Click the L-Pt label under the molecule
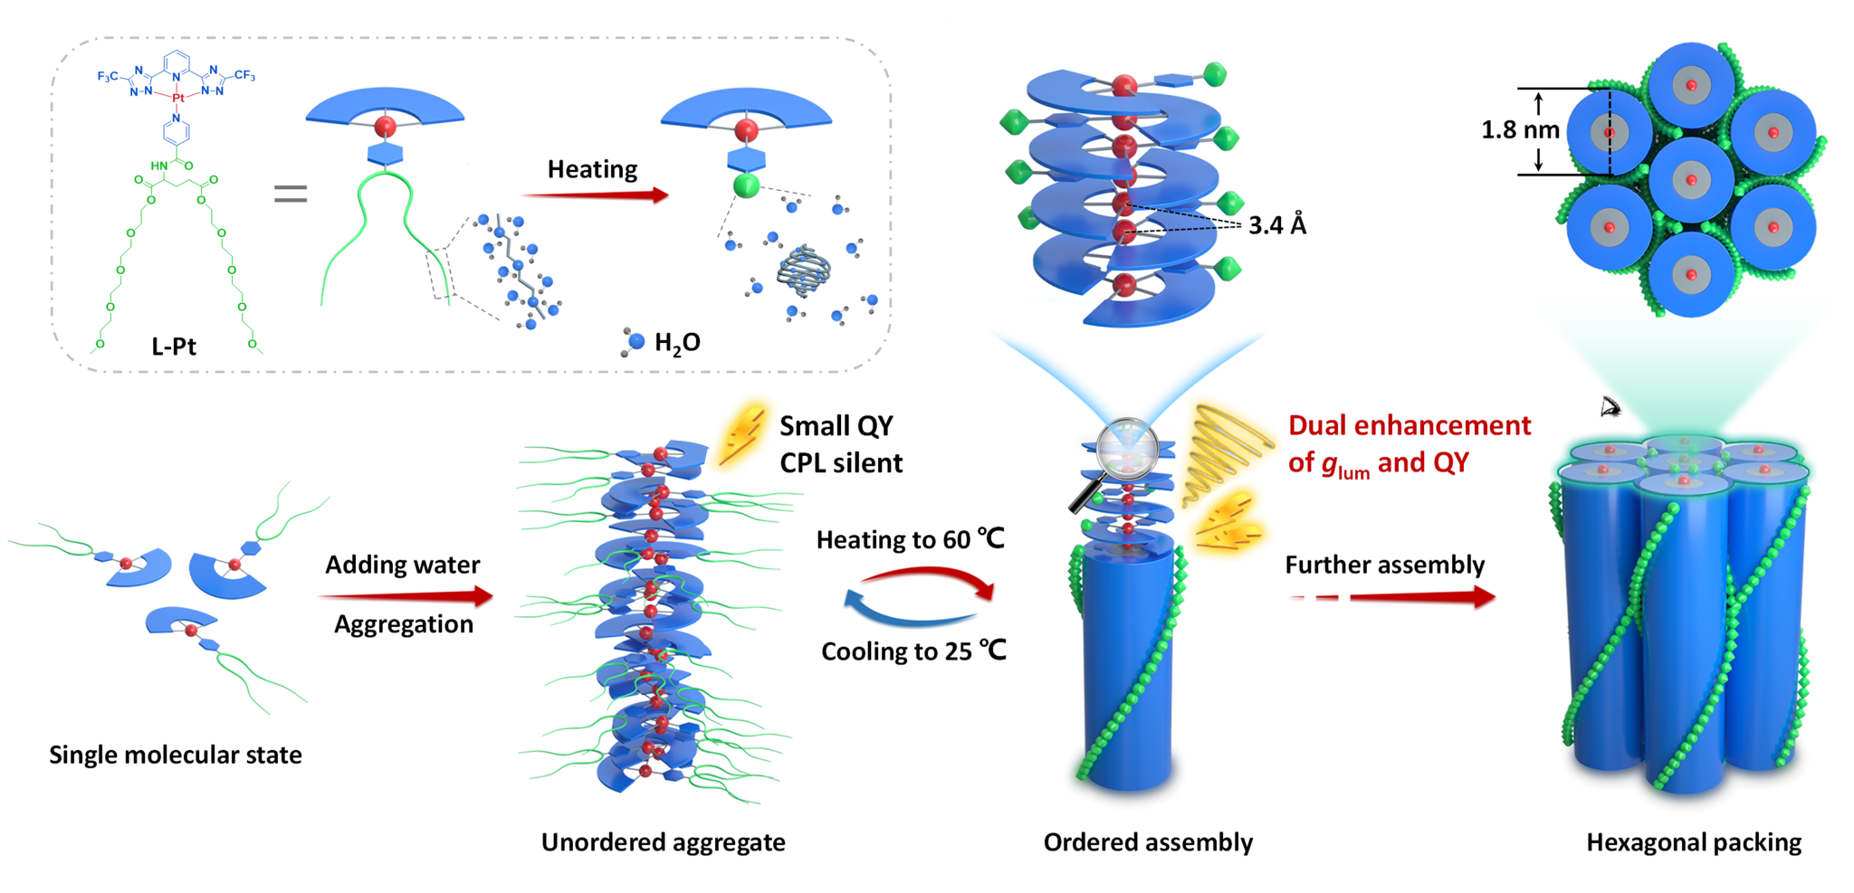174,346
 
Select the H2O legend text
676,343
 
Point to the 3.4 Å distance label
1276,224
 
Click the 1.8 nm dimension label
1520,130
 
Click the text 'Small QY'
836,425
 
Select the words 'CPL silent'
841,462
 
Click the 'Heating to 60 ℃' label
910,539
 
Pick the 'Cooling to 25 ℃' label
913,651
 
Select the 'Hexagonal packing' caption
1694,842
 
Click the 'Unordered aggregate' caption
663,842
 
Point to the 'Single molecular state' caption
176,755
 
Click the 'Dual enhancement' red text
1409,425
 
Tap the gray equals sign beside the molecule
291,194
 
